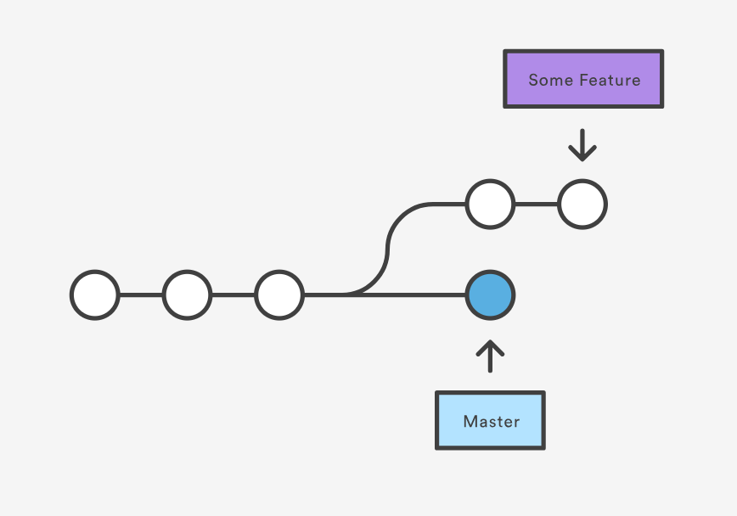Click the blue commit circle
click(490, 295)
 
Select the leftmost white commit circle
click(95, 295)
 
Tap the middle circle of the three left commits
click(188, 295)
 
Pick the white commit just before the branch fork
click(279, 295)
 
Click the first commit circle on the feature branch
click(490, 205)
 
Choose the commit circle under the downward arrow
click(582, 205)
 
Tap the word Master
click(491, 421)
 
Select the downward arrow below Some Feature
click(582, 145)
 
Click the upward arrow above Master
click(490, 356)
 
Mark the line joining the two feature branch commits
click(536, 205)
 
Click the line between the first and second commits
click(141, 295)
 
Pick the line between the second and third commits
click(233, 295)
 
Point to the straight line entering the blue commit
click(425, 295)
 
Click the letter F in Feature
click(585, 81)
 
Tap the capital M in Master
click(469, 421)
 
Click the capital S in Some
click(533, 81)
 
